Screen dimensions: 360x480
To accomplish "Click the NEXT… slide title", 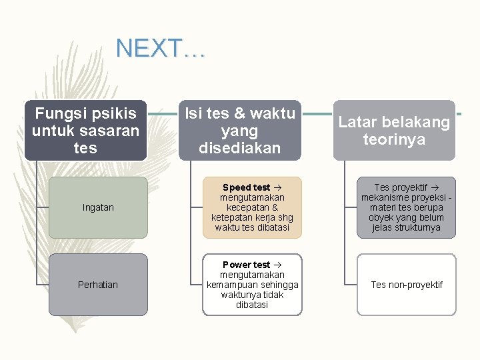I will [161, 49].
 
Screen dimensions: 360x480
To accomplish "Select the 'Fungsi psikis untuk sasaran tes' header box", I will [85, 131].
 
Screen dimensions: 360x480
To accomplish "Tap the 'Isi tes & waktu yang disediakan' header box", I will [239, 131].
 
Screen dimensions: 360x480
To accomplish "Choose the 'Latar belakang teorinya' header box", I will [394, 131].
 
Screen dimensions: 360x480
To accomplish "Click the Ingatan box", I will [98, 207].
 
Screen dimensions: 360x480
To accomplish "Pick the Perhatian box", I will [98, 285].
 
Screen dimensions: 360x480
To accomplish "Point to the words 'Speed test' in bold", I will [246, 187].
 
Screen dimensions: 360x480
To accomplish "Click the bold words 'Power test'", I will [246, 265].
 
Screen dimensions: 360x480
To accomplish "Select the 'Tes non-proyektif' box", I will [407, 285].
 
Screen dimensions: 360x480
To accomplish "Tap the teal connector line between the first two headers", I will [163, 114].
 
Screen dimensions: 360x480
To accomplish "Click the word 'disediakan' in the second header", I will [239, 148].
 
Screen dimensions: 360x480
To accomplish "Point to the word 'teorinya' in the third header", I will [394, 139].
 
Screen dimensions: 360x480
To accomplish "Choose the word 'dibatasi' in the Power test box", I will [252, 305].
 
